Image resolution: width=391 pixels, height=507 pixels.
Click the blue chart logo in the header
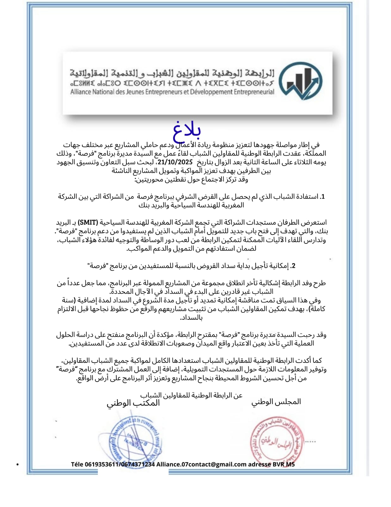(x=302, y=81)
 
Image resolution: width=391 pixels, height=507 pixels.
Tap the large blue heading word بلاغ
(x=187, y=131)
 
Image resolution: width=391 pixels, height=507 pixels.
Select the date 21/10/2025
(x=175, y=162)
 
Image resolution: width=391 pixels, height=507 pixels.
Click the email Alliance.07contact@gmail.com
(x=201, y=464)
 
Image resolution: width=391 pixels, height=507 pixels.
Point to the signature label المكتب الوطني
(x=133, y=403)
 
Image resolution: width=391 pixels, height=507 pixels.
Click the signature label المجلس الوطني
(x=276, y=402)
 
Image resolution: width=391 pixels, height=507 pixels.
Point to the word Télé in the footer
(x=77, y=464)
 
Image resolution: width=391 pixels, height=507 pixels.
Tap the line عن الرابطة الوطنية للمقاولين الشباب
(x=191, y=395)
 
